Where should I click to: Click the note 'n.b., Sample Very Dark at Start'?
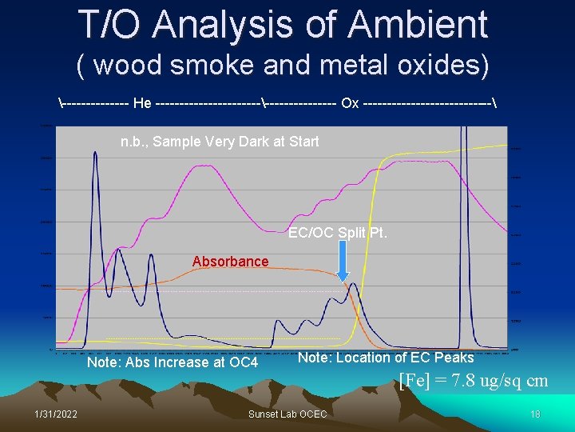[220, 142]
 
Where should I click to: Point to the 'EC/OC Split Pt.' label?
[338, 233]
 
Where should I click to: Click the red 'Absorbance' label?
[230, 262]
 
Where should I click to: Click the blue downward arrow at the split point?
[342, 260]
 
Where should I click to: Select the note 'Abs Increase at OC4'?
[172, 363]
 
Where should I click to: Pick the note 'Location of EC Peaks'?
[386, 358]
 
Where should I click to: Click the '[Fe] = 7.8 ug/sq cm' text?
[473, 381]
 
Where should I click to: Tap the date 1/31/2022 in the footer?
[56, 414]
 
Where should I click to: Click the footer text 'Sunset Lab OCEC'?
[287, 414]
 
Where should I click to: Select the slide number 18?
[535, 414]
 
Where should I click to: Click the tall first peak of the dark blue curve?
[96, 154]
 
